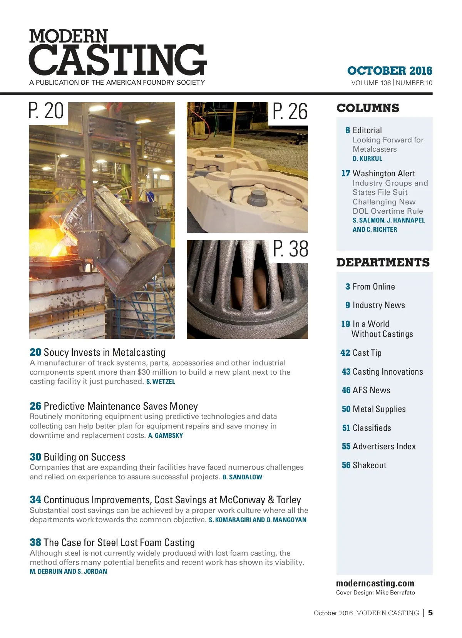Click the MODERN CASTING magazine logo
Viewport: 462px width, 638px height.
pyautogui.click(x=117, y=53)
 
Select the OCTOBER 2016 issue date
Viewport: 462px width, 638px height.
pyautogui.click(x=390, y=71)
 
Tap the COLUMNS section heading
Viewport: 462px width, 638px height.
pyautogui.click(x=368, y=108)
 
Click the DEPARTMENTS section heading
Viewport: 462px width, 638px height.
pyautogui.click(x=383, y=263)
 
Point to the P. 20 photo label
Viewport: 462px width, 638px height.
pyautogui.click(x=46, y=111)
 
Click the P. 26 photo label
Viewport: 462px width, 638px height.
pyautogui.click(x=290, y=112)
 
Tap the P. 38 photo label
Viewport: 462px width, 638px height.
pyautogui.click(x=291, y=249)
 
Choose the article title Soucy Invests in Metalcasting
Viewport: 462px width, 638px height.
pyautogui.click(x=104, y=352)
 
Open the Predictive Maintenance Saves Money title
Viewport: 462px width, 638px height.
pyautogui.click(x=121, y=406)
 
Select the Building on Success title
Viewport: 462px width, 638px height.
pyautogui.click(x=84, y=457)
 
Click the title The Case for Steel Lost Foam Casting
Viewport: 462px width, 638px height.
pyautogui.click(x=119, y=543)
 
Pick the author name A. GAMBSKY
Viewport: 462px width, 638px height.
pyautogui.click(x=166, y=435)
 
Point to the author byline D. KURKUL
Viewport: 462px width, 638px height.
pyautogui.click(x=367, y=159)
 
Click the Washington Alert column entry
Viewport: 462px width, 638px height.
pyautogui.click(x=383, y=173)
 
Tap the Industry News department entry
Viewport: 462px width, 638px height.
pyautogui.click(x=378, y=305)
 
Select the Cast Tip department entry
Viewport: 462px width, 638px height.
pyautogui.click(x=367, y=353)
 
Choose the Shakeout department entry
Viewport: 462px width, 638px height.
pyautogui.click(x=369, y=465)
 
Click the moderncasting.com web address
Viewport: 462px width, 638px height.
pyautogui.click(x=375, y=583)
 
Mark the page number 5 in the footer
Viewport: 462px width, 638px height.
pyautogui.click(x=430, y=613)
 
